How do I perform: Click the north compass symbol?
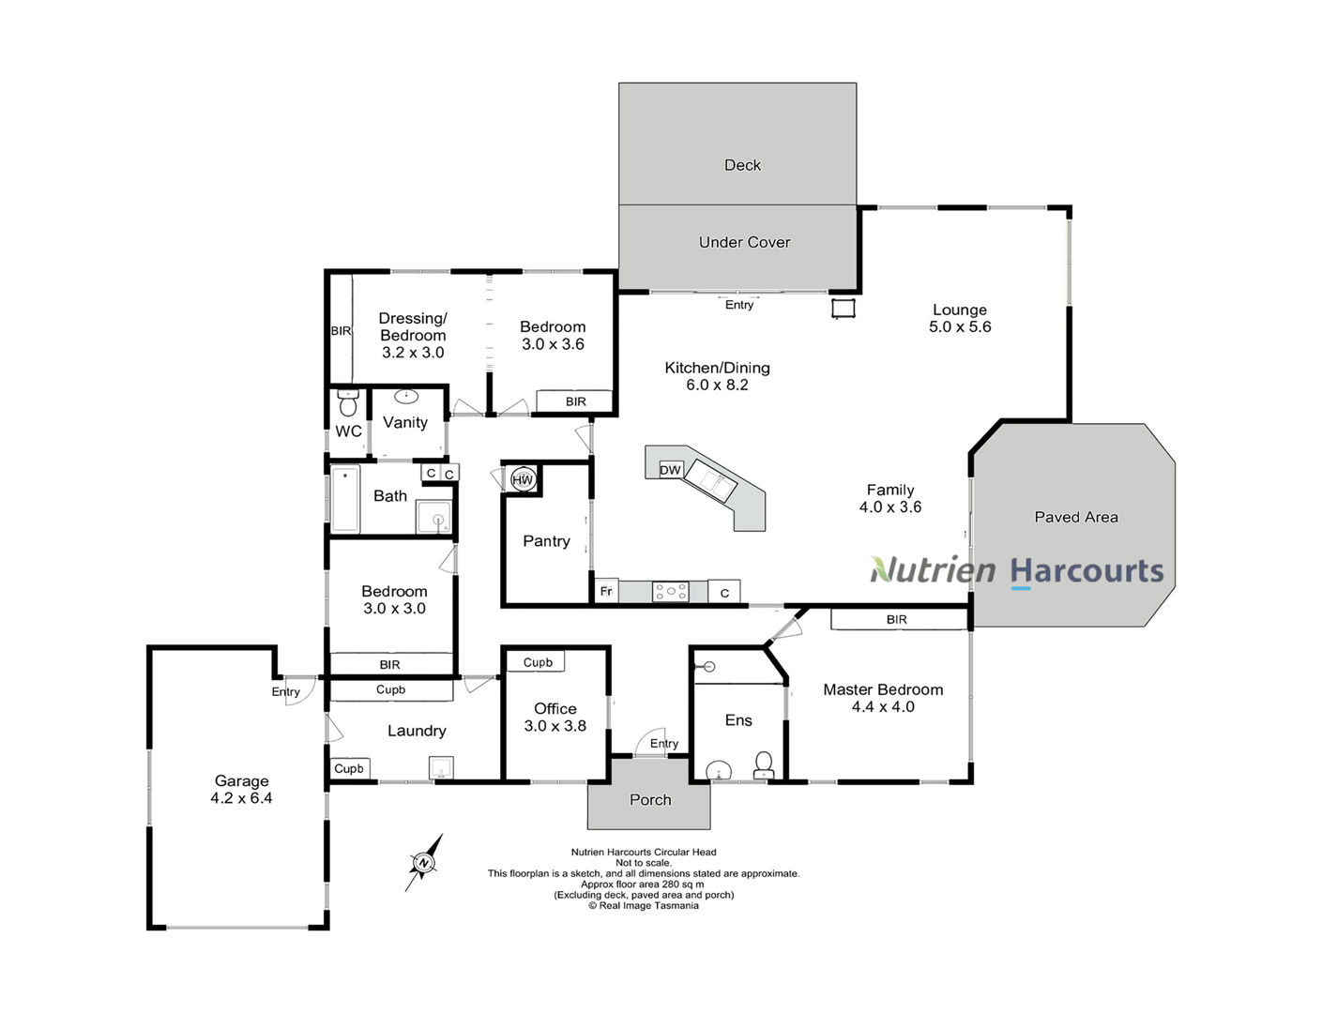pyautogui.click(x=424, y=862)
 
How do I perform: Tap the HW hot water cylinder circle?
pyautogui.click(x=523, y=479)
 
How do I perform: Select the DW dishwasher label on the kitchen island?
pyautogui.click(x=670, y=470)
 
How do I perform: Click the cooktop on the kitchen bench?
pyautogui.click(x=671, y=591)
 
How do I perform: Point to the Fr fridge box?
pyautogui.click(x=606, y=591)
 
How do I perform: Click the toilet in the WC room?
pyautogui.click(x=348, y=403)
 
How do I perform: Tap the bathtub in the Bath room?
pyautogui.click(x=345, y=500)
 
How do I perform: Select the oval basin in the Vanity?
pyautogui.click(x=406, y=397)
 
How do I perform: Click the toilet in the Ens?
pyautogui.click(x=763, y=765)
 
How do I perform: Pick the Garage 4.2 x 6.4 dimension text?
pyautogui.click(x=241, y=798)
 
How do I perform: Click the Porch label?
pyautogui.click(x=650, y=799)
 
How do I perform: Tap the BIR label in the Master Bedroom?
pyautogui.click(x=897, y=620)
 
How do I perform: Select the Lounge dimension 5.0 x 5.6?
pyautogui.click(x=960, y=326)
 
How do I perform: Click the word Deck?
pyautogui.click(x=742, y=165)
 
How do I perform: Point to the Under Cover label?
pyautogui.click(x=745, y=242)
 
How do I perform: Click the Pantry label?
pyautogui.click(x=546, y=541)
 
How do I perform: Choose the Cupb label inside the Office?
pyautogui.click(x=538, y=662)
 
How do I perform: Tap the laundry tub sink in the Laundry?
pyautogui.click(x=441, y=767)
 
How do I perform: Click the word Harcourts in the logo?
pyautogui.click(x=1086, y=571)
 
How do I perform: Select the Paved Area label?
pyautogui.click(x=1076, y=517)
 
